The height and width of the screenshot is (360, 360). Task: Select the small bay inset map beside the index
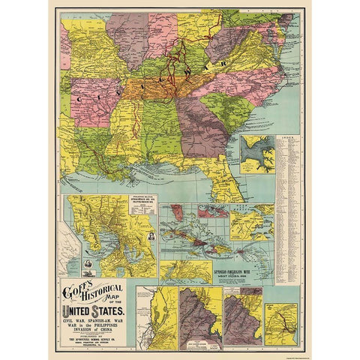pos(256,154)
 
